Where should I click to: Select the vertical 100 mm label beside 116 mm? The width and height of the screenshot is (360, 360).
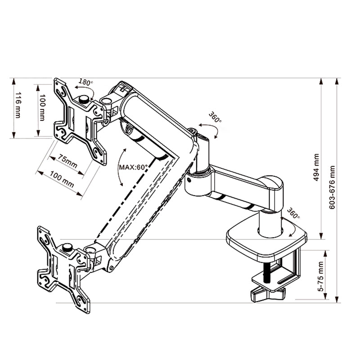coord(42,108)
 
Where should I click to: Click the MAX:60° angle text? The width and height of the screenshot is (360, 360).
coord(133,166)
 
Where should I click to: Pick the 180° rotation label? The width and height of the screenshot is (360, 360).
coord(85,82)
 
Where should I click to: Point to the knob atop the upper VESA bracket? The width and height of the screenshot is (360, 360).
coord(84,99)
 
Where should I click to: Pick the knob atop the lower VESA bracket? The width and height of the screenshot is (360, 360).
coord(67,247)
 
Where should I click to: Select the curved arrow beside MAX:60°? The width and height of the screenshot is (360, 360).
coord(121,166)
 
